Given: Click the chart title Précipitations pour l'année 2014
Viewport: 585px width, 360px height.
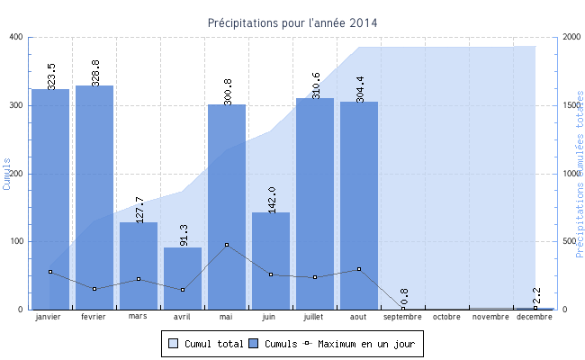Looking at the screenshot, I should (292, 22).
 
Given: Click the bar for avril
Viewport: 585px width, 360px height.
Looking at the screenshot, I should (183, 278).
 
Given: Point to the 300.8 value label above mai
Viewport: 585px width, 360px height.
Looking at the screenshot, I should (228, 91).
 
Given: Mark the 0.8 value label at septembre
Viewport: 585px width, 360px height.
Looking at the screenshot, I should (404, 298).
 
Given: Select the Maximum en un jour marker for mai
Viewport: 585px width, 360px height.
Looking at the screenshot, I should (227, 245).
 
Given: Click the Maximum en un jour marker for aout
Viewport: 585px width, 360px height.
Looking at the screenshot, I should (359, 269).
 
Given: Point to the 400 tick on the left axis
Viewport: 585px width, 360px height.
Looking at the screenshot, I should (16, 37).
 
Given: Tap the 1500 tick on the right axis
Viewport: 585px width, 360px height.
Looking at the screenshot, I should (570, 105).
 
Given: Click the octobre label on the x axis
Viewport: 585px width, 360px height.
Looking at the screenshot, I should (447, 317).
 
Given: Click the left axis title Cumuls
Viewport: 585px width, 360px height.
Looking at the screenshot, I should (7, 173).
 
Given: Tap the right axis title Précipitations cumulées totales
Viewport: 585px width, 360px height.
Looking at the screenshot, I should (580, 173).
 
